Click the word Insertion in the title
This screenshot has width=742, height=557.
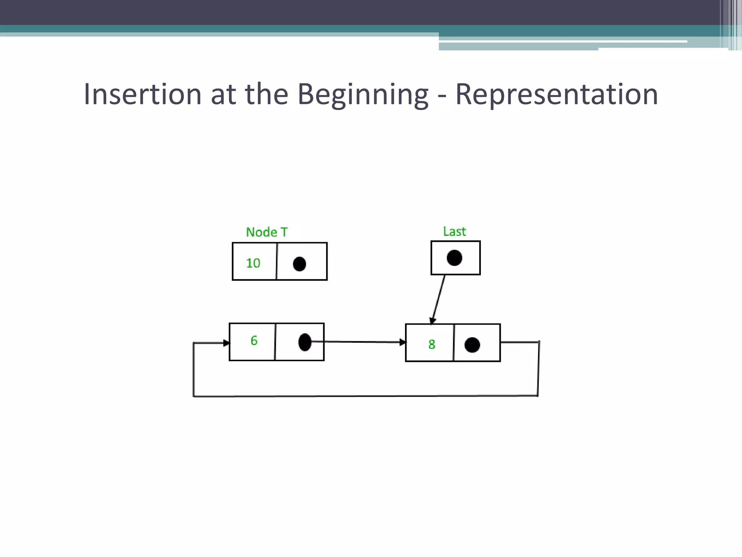coord(142,94)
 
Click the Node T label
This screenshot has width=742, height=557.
coord(267,232)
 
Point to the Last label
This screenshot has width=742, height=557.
coord(454,231)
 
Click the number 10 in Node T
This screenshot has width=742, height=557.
coord(253,263)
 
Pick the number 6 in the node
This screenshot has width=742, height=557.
coord(254,341)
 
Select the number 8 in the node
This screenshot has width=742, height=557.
coord(432,344)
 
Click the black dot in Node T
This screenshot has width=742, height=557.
coord(299,264)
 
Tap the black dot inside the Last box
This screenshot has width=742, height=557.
coord(454,258)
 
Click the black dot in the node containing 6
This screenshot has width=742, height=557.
coord(305,342)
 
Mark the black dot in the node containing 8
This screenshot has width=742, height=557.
coord(472,345)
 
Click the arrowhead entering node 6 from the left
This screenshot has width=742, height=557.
coord(226,343)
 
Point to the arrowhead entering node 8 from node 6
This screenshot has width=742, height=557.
coord(403,342)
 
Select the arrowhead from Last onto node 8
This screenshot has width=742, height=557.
coord(432,321)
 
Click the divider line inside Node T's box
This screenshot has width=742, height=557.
coord(277,261)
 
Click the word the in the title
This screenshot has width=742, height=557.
coord(267,94)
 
